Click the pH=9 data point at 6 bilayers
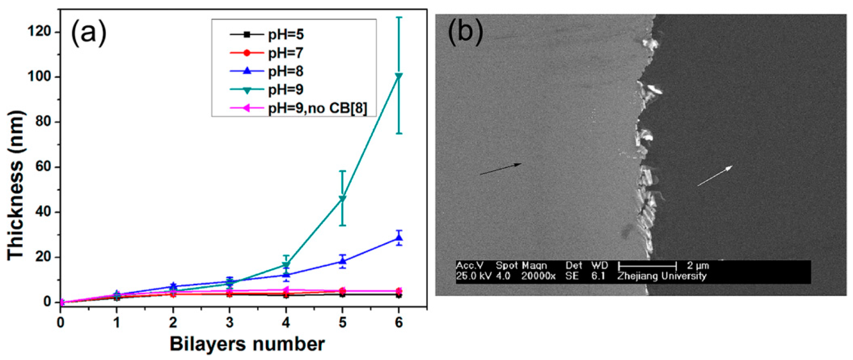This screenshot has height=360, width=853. tap(399, 76)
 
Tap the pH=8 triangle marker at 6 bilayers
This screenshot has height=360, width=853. tap(399, 238)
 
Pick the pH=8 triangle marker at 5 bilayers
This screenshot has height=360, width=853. tap(342, 261)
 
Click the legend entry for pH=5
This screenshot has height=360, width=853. tap(286, 34)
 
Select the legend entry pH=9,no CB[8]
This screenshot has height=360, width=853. tap(317, 108)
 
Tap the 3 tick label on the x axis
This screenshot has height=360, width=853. tap(230, 322)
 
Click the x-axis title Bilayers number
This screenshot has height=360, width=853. tap(247, 344)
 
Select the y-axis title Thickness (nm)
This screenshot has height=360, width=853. tap(16, 185)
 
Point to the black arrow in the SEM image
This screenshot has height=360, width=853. tap(501, 169)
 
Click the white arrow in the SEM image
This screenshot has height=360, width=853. tap(715, 176)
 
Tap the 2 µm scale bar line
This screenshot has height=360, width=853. tap(647, 265)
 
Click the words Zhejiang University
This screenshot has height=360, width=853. tap(662, 276)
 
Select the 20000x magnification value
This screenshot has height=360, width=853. tap(538, 276)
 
